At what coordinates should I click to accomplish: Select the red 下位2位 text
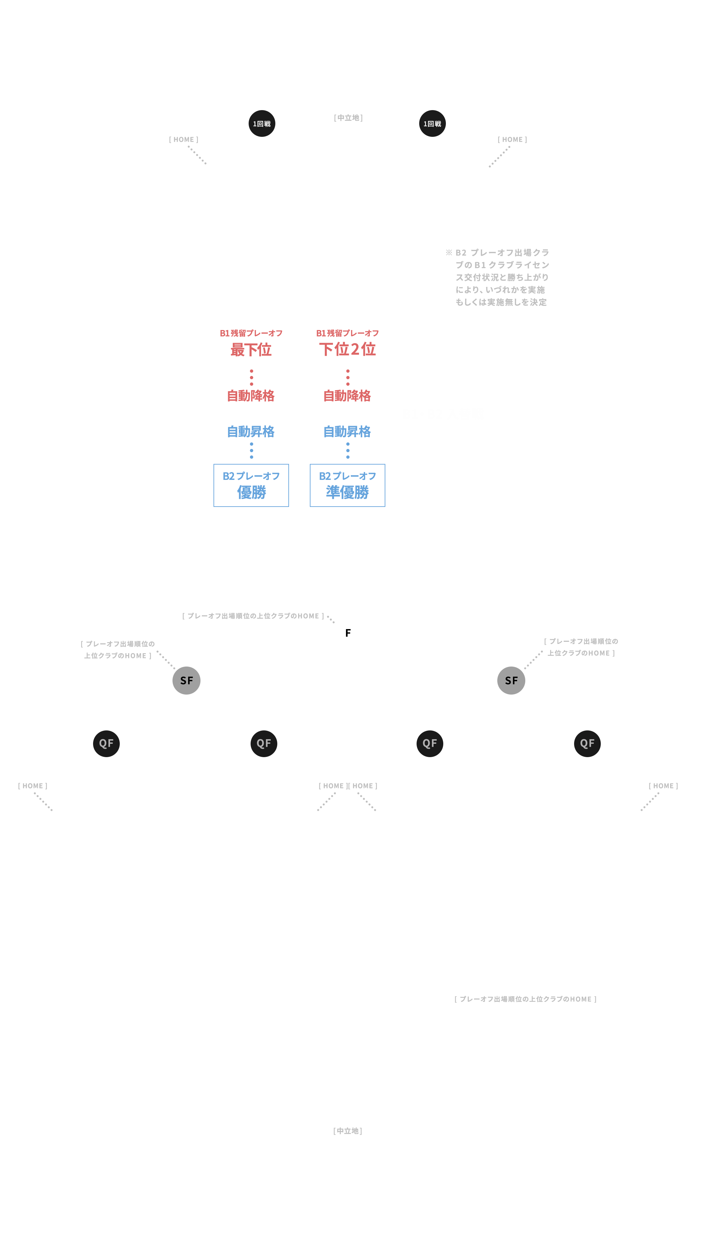click(348, 349)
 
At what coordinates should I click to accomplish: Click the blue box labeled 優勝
click(251, 485)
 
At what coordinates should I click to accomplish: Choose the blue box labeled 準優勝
click(347, 485)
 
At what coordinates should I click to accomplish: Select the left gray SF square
click(186, 680)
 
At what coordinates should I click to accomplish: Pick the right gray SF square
click(511, 680)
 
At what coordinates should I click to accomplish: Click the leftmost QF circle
click(106, 743)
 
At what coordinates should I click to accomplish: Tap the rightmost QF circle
click(587, 743)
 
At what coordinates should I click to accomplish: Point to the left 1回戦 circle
click(262, 123)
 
